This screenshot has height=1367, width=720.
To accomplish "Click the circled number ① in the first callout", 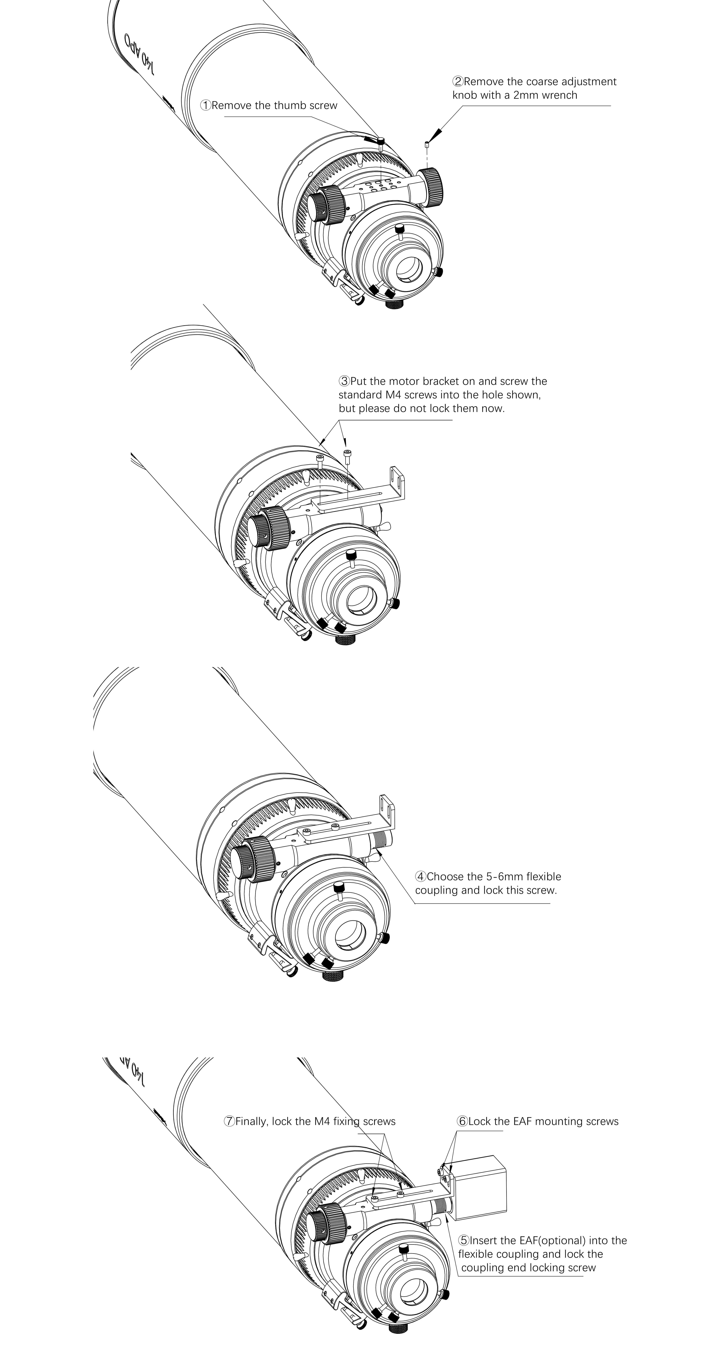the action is (205, 105).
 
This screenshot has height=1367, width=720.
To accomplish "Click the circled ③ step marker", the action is (344, 381).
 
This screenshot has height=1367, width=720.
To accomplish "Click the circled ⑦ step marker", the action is (229, 1121).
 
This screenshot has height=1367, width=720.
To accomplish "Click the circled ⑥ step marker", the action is (462, 1121).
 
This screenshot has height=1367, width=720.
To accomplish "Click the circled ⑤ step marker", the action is (464, 1241).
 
